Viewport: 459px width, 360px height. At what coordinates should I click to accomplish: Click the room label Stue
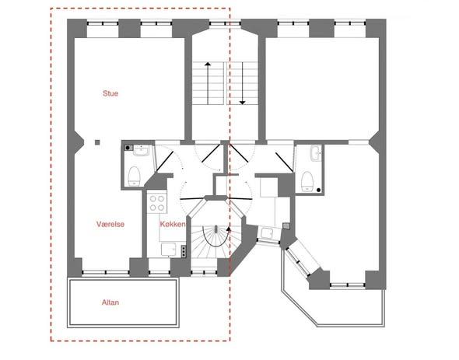point(110,93)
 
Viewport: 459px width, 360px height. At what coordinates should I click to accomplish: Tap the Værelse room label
point(110,224)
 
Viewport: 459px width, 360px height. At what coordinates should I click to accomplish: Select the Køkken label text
point(173,224)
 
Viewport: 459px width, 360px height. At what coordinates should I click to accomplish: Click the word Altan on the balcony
point(110,302)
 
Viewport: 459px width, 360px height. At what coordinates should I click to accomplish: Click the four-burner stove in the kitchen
point(157,204)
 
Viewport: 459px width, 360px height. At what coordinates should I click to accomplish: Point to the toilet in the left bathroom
point(134,177)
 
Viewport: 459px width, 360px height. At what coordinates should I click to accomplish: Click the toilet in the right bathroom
point(307,182)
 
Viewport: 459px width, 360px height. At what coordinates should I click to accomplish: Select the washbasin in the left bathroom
point(142,150)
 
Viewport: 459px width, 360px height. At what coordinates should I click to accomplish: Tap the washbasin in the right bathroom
point(316,153)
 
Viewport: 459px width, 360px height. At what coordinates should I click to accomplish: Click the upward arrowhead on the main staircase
point(208,64)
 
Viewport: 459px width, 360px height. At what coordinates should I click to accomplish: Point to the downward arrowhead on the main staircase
point(243,103)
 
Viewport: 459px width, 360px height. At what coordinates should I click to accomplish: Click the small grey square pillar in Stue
point(97,142)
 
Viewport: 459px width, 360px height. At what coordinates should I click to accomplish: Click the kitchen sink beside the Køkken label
point(169,250)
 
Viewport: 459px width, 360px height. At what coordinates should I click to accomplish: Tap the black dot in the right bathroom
point(319,190)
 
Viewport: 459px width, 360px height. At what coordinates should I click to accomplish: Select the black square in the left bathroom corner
point(128,148)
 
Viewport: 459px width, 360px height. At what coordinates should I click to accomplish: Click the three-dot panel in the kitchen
point(184,251)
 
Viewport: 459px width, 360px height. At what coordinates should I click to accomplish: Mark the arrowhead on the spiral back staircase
point(228,229)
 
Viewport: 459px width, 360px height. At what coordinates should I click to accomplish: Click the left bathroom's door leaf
point(165,161)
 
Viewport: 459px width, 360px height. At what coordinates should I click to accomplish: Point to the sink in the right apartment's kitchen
point(267,233)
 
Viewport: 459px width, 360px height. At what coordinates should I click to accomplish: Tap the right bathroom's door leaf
point(284,163)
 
